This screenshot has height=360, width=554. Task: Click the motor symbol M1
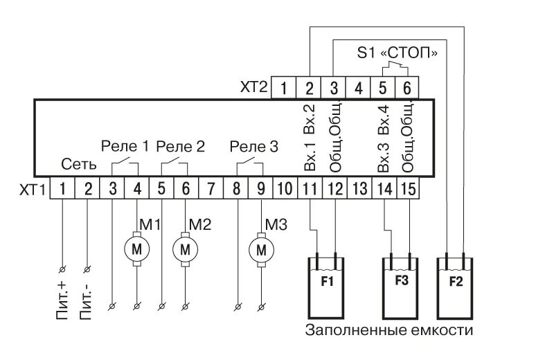tap(136, 249)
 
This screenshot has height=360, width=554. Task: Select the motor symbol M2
tap(185, 249)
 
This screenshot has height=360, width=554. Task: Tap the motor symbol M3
tap(261, 249)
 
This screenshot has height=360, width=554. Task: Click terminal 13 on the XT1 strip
tap(359, 187)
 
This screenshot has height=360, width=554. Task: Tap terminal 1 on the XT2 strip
tap(285, 88)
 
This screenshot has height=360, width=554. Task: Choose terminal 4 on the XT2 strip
tap(358, 88)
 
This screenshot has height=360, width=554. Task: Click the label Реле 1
tap(125, 147)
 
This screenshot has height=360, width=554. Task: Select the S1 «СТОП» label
tap(397, 53)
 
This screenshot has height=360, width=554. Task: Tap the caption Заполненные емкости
tap(389, 330)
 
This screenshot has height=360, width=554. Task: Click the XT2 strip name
tap(253, 88)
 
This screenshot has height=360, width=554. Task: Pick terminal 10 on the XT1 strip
tap(285, 187)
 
